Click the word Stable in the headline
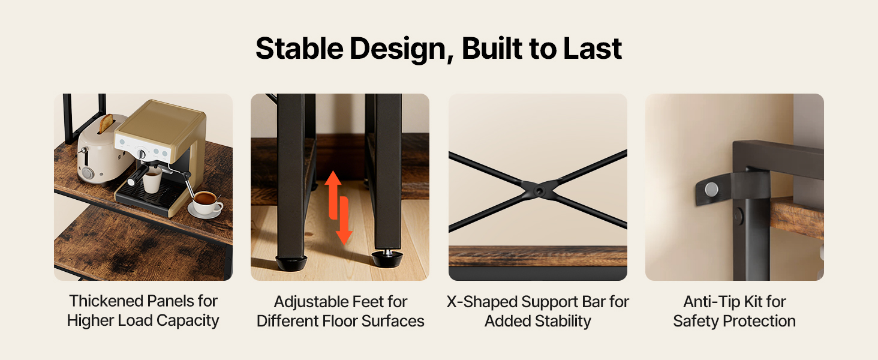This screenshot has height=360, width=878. click(x=299, y=49)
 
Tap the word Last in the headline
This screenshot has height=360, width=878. click(x=593, y=49)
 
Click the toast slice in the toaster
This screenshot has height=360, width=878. click(x=106, y=123)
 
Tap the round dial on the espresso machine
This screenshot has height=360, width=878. click(x=142, y=154)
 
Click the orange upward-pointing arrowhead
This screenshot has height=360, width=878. click(x=333, y=178)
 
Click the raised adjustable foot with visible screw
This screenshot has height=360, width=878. click(x=387, y=257)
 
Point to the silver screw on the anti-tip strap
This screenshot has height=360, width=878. click(x=711, y=190)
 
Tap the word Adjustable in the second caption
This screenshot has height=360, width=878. click(x=306, y=302)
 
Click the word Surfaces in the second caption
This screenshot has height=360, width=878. click(x=393, y=321)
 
